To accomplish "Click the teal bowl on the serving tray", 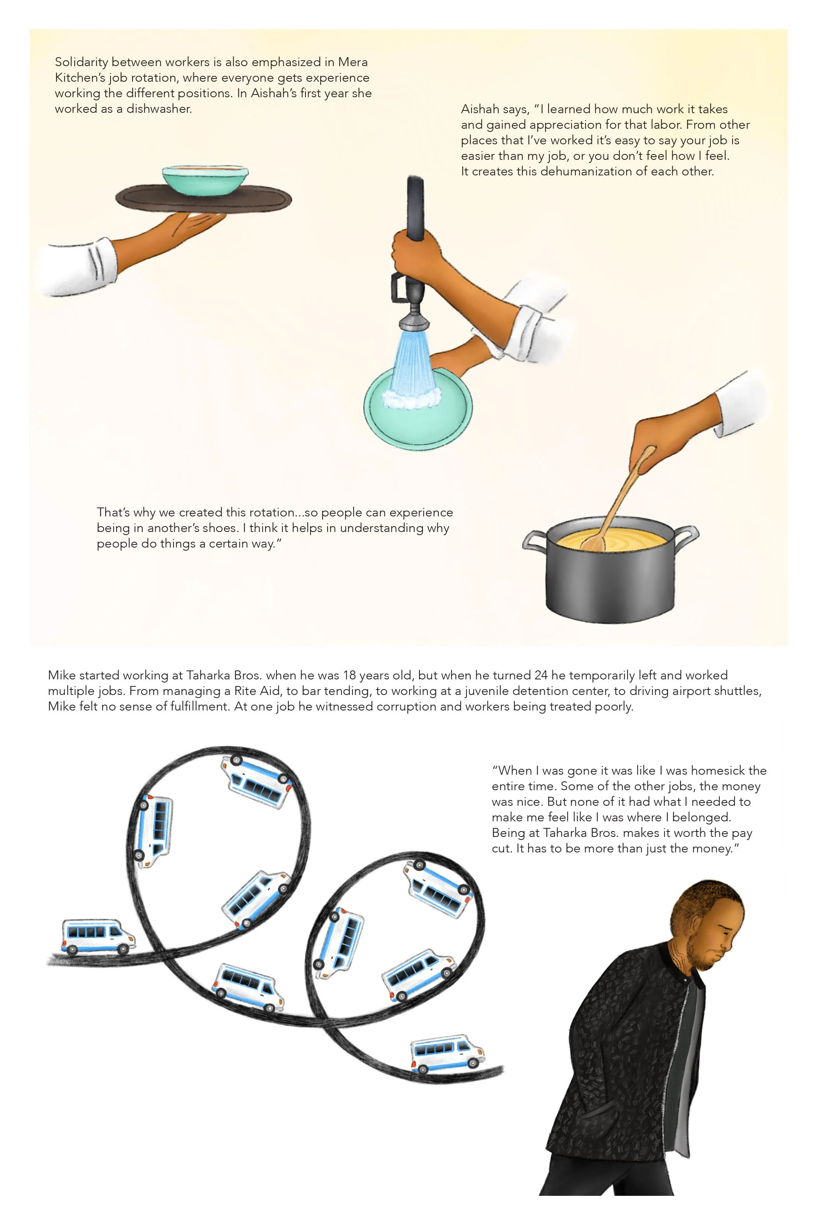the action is click(205, 178).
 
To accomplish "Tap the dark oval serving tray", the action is click(203, 199).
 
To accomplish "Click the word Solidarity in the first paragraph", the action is click(81, 62).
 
